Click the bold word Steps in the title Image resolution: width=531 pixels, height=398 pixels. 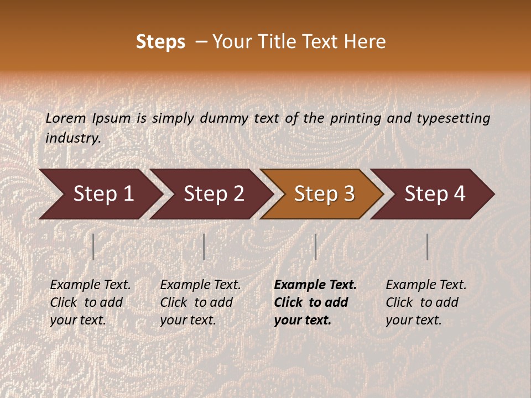[160, 42]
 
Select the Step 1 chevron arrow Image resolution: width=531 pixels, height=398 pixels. [100, 194]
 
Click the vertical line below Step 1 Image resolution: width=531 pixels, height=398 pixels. [93, 247]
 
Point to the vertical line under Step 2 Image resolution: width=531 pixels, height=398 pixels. [204, 247]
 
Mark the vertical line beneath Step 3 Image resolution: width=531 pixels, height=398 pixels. [315, 247]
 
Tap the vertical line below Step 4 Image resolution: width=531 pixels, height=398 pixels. [427, 247]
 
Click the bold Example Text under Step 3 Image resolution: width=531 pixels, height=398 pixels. [315, 302]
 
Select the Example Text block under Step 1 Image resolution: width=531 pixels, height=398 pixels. [90, 302]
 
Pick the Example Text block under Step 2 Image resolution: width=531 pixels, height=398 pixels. [200, 302]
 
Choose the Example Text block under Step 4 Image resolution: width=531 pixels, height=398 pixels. [426, 302]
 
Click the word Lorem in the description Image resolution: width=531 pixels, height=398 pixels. [66, 118]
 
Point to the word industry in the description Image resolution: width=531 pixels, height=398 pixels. [73, 138]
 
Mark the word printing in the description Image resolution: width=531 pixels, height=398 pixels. [353, 118]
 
